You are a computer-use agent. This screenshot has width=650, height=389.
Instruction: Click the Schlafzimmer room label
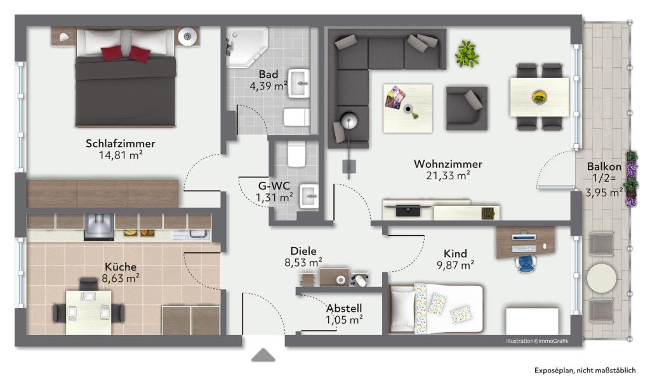point(120,144)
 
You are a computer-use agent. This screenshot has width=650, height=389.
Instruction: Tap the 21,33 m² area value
point(448,175)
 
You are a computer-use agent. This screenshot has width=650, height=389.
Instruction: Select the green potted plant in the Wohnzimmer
point(467,54)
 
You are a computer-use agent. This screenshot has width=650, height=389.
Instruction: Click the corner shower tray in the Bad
point(246,47)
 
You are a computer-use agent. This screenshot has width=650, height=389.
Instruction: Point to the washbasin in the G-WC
point(309,196)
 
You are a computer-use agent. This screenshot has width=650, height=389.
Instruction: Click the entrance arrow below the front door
point(263,355)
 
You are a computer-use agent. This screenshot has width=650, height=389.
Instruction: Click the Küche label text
point(120,267)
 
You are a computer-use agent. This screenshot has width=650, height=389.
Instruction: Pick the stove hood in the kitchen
point(99,227)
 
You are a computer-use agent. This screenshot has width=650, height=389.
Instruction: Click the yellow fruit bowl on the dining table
point(539,98)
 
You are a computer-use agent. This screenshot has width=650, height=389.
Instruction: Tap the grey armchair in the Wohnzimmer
point(467,108)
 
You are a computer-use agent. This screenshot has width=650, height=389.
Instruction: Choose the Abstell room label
point(344,309)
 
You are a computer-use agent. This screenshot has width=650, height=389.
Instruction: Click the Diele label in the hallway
point(303,251)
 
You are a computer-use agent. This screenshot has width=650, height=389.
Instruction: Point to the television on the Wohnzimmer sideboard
point(408,210)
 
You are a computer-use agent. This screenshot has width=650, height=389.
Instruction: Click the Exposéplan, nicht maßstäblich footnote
point(585,371)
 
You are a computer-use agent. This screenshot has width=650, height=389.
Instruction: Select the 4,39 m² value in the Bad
point(269,86)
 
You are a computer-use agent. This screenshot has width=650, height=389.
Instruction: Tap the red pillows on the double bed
point(126,53)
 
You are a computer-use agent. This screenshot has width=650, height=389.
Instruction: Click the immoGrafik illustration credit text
point(537,341)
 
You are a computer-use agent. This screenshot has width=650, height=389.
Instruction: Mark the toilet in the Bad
point(296,117)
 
